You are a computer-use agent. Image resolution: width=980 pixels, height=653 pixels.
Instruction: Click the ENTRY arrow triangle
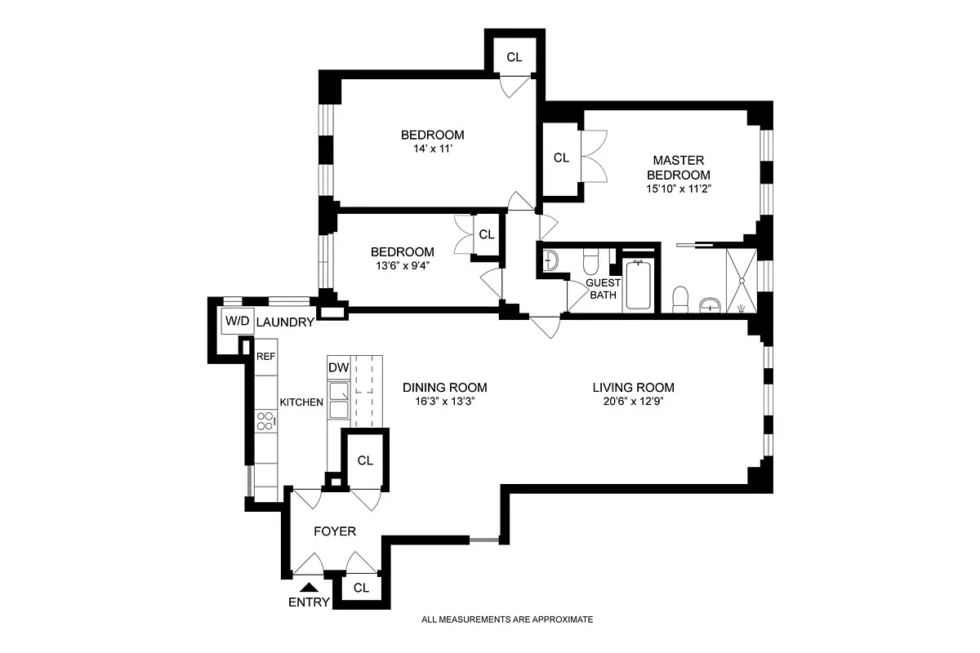(x=308, y=586)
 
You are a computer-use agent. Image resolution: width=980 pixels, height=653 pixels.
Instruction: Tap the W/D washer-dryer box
(x=237, y=322)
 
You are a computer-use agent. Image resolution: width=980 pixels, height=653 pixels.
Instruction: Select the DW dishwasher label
(x=338, y=368)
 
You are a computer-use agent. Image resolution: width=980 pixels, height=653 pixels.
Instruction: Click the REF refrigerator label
(x=265, y=357)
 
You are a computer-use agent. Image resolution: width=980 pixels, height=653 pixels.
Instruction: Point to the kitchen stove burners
(x=265, y=420)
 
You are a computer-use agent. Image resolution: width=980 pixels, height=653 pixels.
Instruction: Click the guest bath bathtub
(x=638, y=286)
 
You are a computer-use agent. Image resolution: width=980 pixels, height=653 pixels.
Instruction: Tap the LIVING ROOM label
(x=633, y=388)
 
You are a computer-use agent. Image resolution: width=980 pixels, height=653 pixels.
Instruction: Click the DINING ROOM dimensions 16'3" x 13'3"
(x=444, y=402)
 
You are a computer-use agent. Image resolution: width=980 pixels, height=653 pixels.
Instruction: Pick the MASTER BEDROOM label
(x=679, y=167)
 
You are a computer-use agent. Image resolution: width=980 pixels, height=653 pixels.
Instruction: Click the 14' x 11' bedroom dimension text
(x=432, y=150)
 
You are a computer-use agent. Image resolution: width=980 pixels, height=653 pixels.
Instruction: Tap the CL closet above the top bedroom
(x=514, y=57)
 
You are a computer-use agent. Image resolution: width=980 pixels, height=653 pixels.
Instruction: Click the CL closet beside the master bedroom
(x=561, y=158)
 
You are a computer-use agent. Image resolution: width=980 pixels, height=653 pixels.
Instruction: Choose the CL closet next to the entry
(x=362, y=588)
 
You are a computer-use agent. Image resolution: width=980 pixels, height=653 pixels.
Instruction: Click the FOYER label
(x=335, y=531)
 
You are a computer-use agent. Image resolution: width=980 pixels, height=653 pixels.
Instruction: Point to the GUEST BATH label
(x=603, y=289)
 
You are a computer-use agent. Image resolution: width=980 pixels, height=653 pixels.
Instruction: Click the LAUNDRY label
(x=285, y=322)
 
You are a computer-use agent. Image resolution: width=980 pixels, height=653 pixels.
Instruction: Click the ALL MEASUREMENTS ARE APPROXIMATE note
(x=506, y=620)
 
